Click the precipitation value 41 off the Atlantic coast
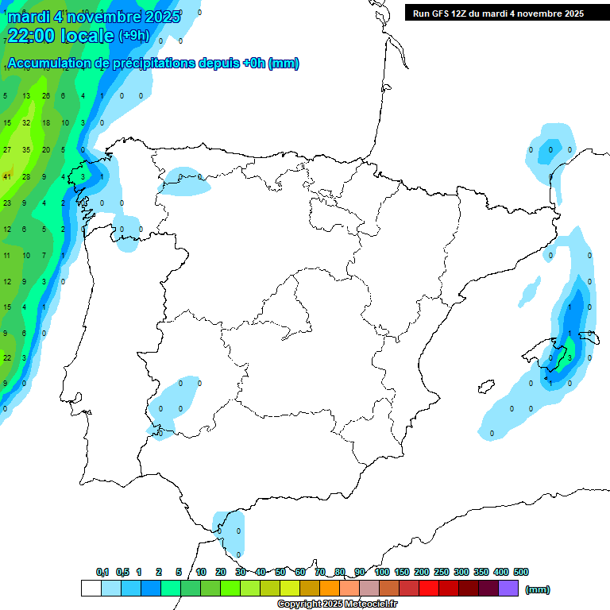pos(7,176)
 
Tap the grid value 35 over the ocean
pos(26,149)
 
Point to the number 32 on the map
pos(26,122)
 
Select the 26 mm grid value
pos(45,96)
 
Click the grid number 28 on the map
pos(26,176)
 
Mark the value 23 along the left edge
pos(7,203)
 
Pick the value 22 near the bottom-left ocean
pos(7,357)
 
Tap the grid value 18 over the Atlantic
pos(45,122)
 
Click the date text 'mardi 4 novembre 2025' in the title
pos(94,17)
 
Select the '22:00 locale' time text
pos(61,35)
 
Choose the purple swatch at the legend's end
pos(509,589)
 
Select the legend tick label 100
pos(382,572)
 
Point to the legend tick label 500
pos(521,572)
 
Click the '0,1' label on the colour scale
pos(102,572)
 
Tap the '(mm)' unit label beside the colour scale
pos(538,589)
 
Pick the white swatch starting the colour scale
pos(91,589)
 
